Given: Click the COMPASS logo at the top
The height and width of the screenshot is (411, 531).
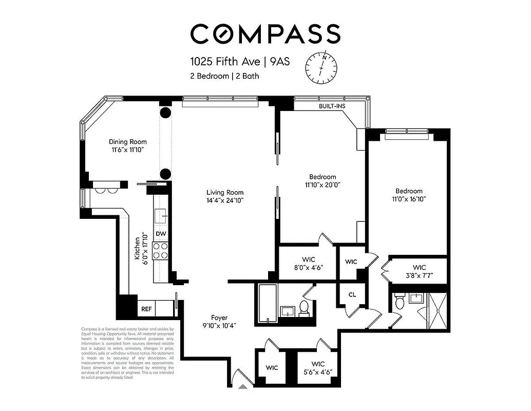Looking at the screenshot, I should point(265,34).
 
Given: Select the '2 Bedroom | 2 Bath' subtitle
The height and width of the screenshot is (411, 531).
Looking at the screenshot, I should point(224,76).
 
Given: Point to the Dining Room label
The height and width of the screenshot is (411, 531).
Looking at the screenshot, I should point(127,142).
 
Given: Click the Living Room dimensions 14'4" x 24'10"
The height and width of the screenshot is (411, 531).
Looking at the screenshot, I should point(221,200).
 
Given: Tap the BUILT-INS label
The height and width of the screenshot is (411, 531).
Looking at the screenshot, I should point(331,106).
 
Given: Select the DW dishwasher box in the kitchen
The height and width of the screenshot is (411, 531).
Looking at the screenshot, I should point(161,234).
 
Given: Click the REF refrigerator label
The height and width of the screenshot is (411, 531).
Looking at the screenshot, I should point(146,309).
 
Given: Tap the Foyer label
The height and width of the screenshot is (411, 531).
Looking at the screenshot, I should point(219,317).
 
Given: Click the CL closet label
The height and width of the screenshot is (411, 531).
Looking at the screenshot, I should point(352,295).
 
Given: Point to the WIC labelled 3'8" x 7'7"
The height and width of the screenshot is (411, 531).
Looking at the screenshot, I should point(419,271).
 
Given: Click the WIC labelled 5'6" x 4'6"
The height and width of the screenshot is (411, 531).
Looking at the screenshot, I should point(318,368).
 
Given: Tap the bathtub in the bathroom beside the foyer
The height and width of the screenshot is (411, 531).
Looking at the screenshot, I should point(267,303).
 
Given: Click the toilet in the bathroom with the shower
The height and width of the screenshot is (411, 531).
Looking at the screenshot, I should point(400,303).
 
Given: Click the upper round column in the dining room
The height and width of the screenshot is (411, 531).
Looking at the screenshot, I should point(165,114).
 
